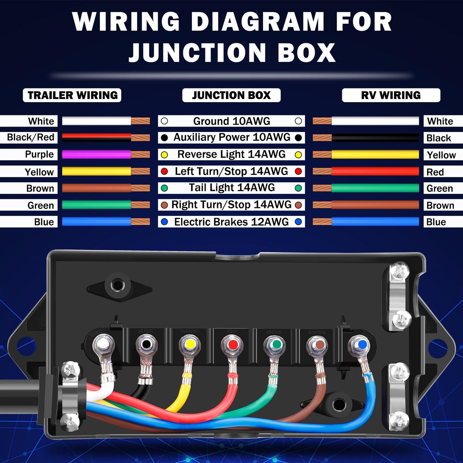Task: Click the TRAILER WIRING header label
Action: click(x=72, y=95)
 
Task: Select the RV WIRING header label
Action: click(x=391, y=95)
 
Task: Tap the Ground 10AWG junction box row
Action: click(x=231, y=121)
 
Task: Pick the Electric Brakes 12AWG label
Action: click(x=231, y=222)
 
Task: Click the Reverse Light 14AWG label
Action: click(x=231, y=154)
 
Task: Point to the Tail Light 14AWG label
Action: click(x=231, y=188)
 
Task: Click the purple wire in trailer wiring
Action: click(x=96, y=154)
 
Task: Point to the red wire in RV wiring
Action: click(x=375, y=171)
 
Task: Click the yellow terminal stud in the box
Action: click(x=190, y=344)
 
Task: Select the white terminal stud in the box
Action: click(x=103, y=344)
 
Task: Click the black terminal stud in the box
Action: click(x=146, y=344)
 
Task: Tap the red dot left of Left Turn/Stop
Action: click(x=164, y=171)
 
